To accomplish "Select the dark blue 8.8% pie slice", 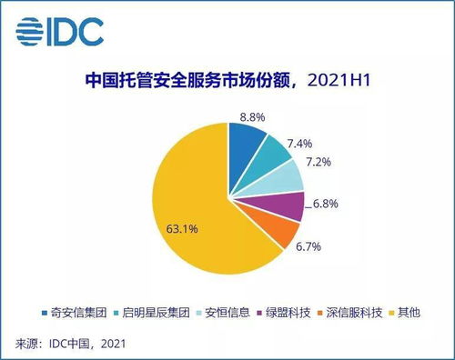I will (x=244, y=141).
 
